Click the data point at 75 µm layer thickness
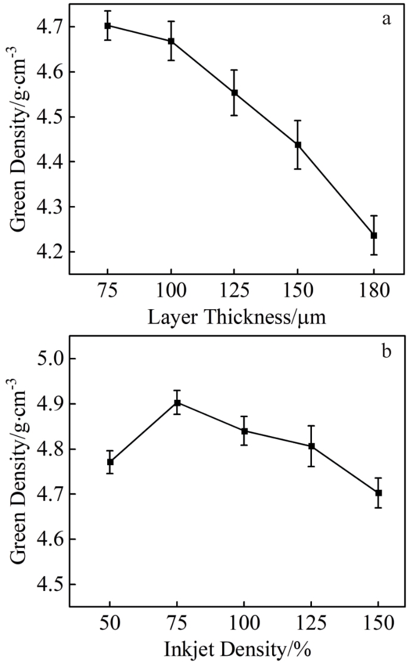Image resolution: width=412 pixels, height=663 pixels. click(x=108, y=26)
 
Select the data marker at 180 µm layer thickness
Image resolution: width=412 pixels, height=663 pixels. click(x=374, y=235)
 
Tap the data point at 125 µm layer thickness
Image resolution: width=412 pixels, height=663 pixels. click(x=235, y=92)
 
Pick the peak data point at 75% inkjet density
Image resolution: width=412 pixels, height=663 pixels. click(x=177, y=403)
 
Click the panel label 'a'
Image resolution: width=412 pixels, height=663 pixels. click(x=386, y=20)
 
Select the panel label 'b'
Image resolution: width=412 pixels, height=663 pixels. click(x=386, y=351)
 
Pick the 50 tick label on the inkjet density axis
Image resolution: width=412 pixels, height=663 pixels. click(x=110, y=624)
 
